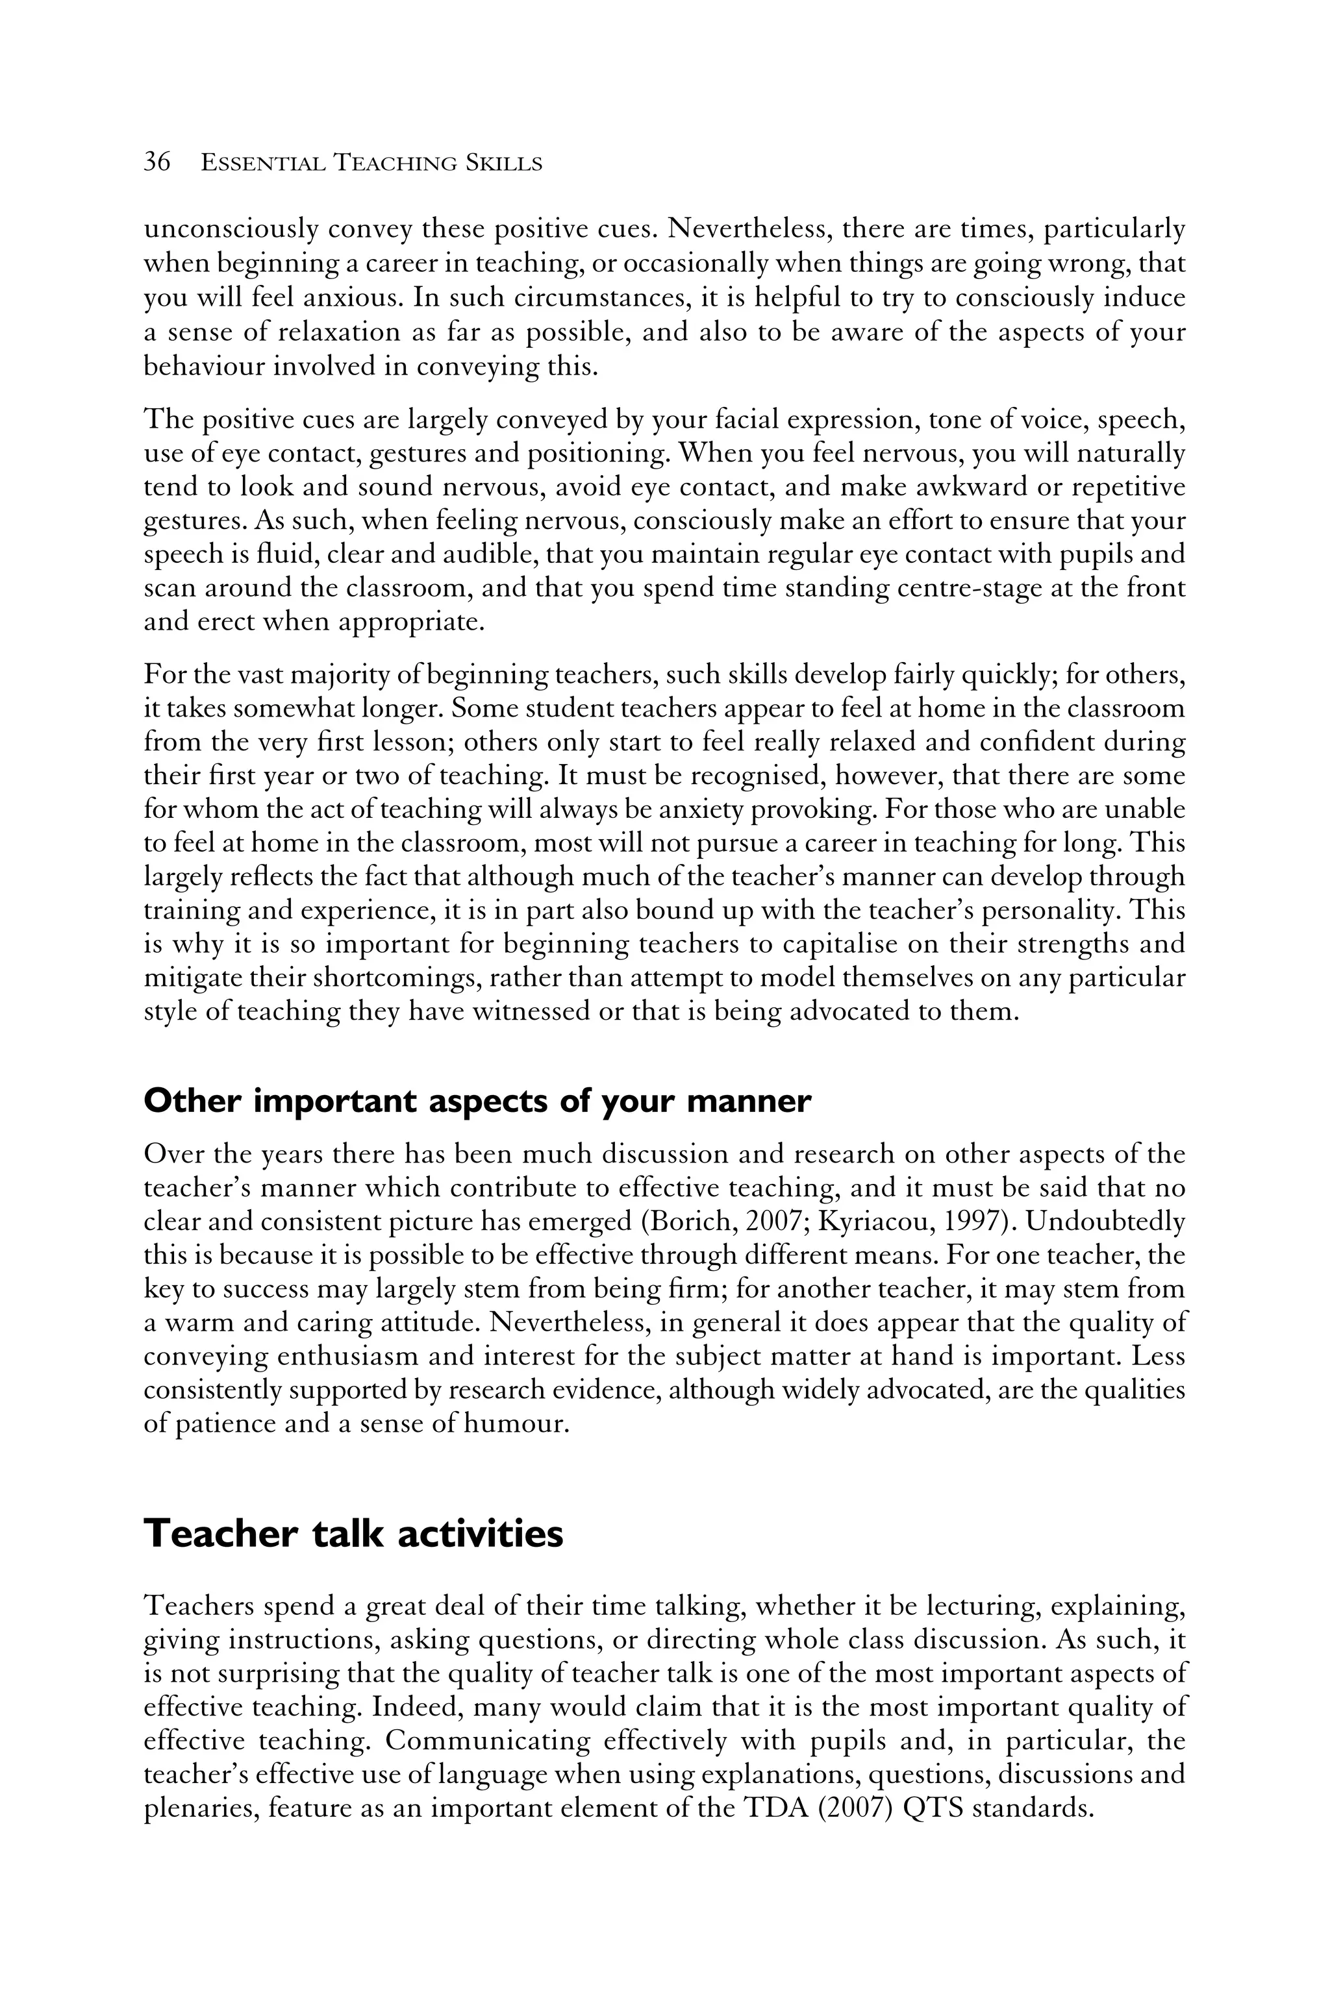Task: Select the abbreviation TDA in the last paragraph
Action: pyautogui.click(x=779, y=1808)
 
